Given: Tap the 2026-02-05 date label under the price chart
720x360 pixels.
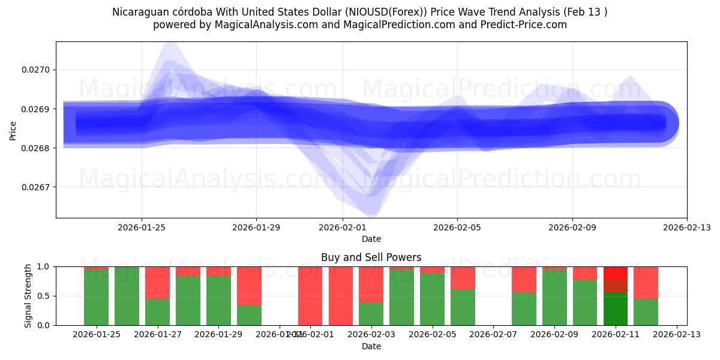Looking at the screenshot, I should point(457,227).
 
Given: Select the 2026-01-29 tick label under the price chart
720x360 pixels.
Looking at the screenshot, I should point(256,227).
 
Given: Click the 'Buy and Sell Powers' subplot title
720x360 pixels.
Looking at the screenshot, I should point(371,257).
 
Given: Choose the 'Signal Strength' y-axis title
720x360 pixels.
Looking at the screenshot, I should point(28,296).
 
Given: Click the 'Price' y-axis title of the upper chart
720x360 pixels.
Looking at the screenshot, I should point(13,130).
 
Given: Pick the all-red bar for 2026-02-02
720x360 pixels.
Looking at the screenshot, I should point(340,296).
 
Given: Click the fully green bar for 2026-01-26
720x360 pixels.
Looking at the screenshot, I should point(127,296).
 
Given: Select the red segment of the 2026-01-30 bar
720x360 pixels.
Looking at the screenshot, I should point(249,286).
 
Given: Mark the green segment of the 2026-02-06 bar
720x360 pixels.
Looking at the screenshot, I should point(463,307).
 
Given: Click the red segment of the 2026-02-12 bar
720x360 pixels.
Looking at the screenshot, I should point(646,282).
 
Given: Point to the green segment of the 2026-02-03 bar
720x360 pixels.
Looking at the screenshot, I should point(371,314).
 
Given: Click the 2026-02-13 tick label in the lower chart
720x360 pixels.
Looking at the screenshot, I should point(677,334).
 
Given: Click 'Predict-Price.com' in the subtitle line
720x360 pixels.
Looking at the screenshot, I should point(521,25).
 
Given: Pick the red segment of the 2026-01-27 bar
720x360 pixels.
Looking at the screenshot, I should point(157,282).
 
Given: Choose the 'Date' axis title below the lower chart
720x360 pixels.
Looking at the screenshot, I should point(371,346).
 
